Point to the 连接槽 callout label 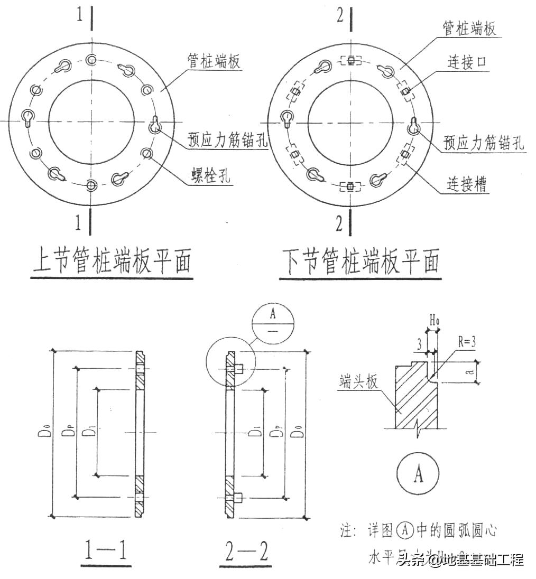[x=466, y=184]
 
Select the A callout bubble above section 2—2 [x=273, y=322]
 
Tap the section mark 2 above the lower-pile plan [x=340, y=16]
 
